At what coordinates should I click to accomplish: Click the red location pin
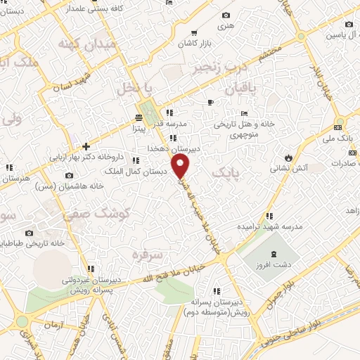tap(181, 167)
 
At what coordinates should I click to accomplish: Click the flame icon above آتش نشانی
tap(287, 157)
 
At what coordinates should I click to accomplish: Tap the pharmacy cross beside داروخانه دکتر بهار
tap(86, 147)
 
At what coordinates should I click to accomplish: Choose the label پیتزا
tap(137, 129)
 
